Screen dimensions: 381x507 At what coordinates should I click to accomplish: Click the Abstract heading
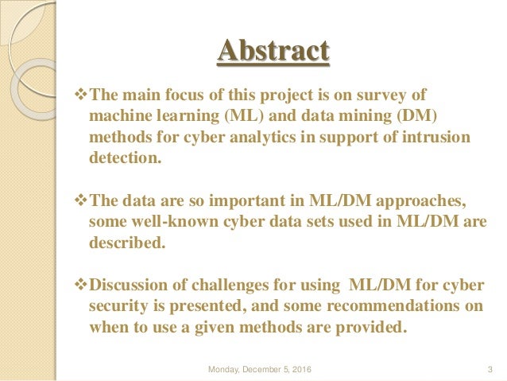[x=273, y=53]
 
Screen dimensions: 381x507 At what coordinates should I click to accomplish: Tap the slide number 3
[x=490, y=368]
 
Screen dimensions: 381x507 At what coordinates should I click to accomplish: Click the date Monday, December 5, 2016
[x=260, y=368]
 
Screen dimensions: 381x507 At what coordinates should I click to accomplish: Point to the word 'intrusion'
[x=436, y=137]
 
